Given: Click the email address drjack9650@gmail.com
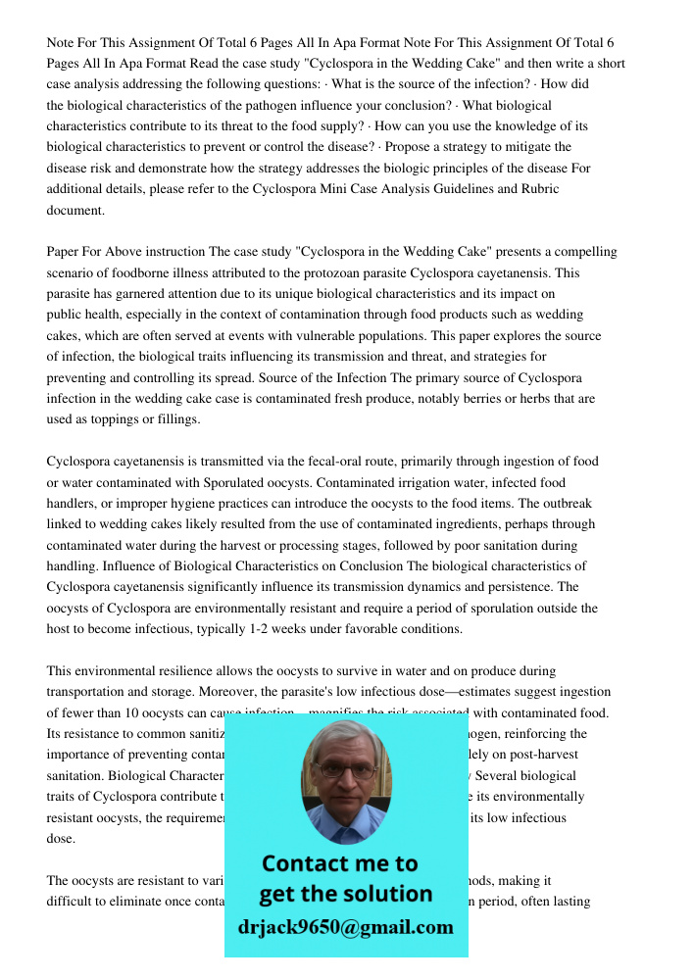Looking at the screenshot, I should (x=345, y=927).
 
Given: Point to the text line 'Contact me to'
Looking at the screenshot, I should (x=339, y=863).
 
